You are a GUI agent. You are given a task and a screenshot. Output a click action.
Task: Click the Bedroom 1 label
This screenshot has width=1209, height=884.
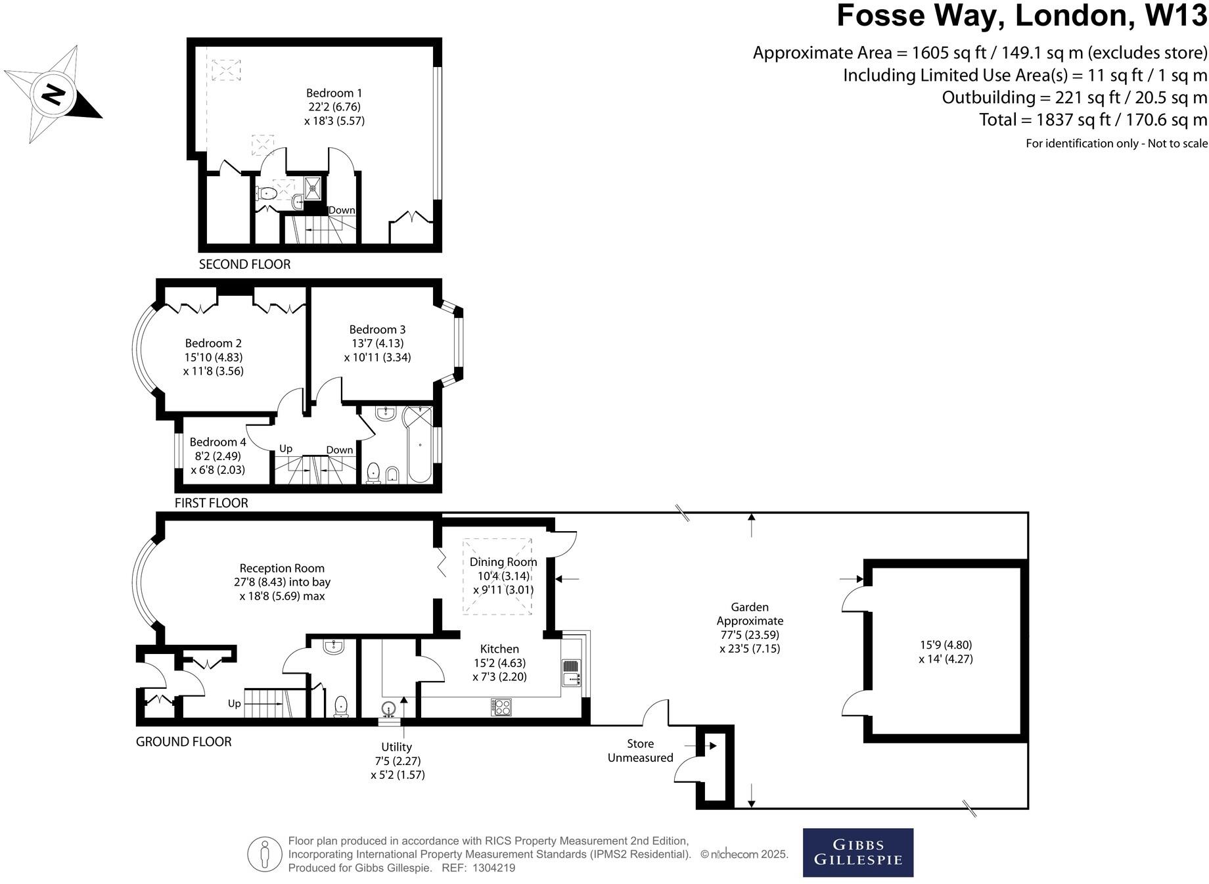334,93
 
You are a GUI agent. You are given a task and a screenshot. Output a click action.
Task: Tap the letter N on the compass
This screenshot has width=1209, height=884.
53,95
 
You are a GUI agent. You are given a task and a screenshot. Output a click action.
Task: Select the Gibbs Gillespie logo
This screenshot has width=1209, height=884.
857,852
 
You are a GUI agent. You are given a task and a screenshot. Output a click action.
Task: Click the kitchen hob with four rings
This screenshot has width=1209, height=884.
501,707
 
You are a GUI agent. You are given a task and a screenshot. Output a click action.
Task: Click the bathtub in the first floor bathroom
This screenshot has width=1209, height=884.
419,446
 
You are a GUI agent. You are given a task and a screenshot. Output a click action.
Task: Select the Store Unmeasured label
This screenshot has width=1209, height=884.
640,751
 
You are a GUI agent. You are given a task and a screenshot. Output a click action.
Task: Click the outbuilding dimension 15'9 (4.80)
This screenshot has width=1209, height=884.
946,645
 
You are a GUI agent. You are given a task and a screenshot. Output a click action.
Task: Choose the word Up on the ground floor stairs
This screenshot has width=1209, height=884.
234,704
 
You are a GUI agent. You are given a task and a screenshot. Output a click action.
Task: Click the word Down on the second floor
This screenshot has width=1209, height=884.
341,210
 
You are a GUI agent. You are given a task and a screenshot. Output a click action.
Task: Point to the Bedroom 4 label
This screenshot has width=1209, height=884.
217,442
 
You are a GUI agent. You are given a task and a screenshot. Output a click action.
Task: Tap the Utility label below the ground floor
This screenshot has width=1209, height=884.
396,747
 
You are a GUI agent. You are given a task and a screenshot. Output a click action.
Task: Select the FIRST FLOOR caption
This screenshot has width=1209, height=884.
211,503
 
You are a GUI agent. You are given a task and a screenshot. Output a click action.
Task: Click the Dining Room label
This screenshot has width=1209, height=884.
503,562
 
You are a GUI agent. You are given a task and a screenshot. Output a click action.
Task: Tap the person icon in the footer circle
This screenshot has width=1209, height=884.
265,854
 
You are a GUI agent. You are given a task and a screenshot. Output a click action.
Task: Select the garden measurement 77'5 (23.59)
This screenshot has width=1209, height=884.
750,635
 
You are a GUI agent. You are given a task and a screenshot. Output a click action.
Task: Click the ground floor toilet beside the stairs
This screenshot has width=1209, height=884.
341,707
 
